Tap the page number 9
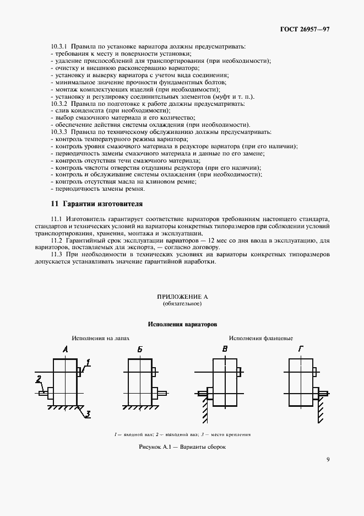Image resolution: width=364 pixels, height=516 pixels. point(328,459)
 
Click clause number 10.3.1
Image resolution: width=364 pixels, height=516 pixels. point(59,46)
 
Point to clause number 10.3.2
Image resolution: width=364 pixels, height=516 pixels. point(59,104)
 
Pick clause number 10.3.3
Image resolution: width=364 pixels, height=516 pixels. point(59,132)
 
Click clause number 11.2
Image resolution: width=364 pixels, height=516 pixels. point(57,241)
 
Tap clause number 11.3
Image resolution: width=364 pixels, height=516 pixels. point(57,255)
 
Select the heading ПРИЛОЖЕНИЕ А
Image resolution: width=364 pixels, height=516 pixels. point(182,297)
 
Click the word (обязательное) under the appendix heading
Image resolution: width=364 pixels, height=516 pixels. point(182,304)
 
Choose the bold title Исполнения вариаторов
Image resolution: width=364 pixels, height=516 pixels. point(182,324)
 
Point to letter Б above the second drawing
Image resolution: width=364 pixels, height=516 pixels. point(140,350)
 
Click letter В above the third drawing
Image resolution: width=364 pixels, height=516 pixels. point(225,350)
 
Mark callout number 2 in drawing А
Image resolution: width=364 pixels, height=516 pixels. point(39,379)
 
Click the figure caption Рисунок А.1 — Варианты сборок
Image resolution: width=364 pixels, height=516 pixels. point(182,447)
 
